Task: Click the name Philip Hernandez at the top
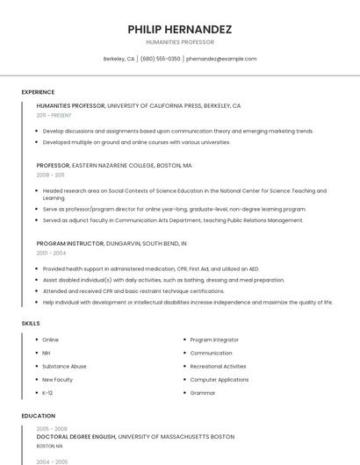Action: coord(180,29)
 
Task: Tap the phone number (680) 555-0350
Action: coord(160,59)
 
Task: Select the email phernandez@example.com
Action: coord(221,59)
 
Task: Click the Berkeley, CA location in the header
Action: coord(119,59)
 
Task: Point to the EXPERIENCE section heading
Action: coord(38,92)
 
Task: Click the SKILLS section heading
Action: coord(31,324)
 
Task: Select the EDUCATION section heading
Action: coord(38,416)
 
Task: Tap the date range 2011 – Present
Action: coord(54,115)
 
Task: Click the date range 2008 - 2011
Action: coord(50,175)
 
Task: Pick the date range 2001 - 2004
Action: coord(51,253)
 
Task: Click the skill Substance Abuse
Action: coord(64,366)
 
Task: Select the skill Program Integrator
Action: coord(214,340)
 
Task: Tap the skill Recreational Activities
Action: coord(218,366)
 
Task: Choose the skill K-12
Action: coord(47,392)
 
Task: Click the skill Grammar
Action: coord(203,392)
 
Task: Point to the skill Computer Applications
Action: coord(219,379)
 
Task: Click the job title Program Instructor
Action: coord(70,243)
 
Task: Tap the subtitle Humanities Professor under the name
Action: coord(180,42)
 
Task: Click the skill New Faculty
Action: coord(57,379)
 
